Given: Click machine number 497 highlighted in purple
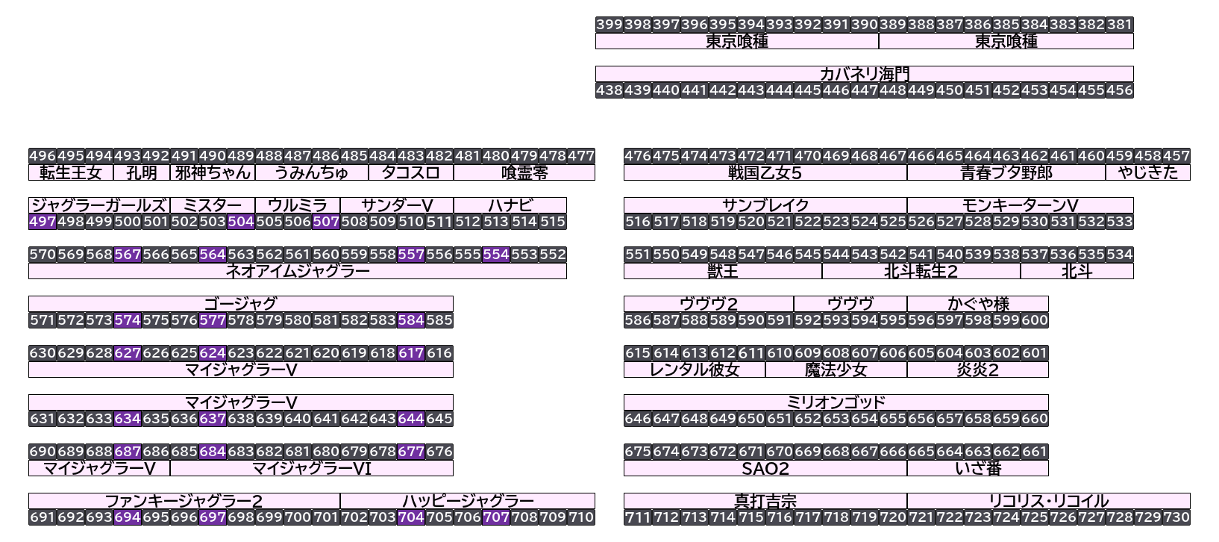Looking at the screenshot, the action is [43, 222].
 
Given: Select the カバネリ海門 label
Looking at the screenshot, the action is [864, 74].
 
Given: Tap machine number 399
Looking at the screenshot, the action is [609, 25].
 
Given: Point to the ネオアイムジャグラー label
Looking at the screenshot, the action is [298, 271].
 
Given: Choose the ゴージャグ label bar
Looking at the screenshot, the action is [240, 304].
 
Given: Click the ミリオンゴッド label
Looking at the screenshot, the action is [836, 402].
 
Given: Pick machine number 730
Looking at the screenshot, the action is [1176, 517].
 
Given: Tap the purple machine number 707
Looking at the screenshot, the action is [496, 517].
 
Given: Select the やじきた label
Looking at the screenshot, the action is [1148, 172].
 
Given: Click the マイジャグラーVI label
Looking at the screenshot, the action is [312, 468].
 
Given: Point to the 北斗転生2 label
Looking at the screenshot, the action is [921, 271].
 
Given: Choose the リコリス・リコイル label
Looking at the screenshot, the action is [1049, 501].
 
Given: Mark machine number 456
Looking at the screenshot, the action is [1120, 90].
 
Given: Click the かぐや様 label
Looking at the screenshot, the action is [978, 304].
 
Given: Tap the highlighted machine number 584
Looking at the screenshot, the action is [411, 320].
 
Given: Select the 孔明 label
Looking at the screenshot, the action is [142, 172].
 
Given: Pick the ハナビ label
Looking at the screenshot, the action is [510, 205].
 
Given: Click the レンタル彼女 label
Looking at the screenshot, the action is [695, 370].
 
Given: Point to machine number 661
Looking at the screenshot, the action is [1035, 452].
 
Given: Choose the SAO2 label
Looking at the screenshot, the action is [765, 468].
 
